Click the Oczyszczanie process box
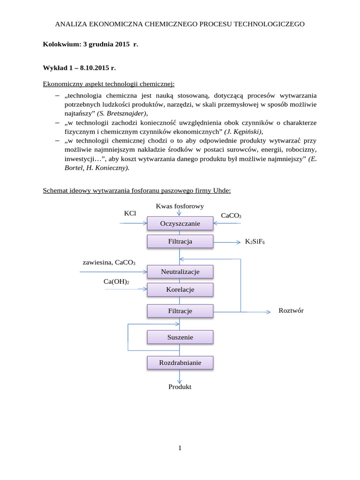[180, 224]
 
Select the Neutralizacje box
[180, 272]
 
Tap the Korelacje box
[180, 290]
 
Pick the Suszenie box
[180, 337]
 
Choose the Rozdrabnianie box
[180, 363]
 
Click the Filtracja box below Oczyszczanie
[180, 241]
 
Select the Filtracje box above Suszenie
[180, 311]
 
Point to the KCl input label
[130, 213]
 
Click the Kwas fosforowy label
[180, 206]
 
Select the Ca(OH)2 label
[116, 281]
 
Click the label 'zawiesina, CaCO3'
[109, 262]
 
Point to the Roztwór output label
[291, 311]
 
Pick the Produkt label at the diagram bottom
[180, 387]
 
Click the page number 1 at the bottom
[180, 448]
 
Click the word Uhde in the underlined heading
[221, 191]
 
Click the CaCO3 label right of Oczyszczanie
[231, 216]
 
